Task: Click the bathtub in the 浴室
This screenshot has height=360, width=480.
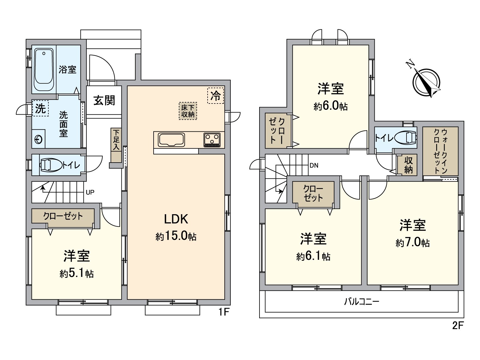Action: click(x=44, y=70)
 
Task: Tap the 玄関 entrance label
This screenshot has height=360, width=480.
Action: click(x=104, y=100)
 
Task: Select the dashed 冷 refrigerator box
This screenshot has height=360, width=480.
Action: click(x=216, y=95)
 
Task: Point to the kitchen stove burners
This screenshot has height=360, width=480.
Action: click(x=212, y=140)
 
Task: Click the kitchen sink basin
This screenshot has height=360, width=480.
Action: click(x=172, y=140)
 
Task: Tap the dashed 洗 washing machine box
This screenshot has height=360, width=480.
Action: click(x=40, y=108)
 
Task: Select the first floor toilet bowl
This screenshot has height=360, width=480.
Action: click(x=48, y=165)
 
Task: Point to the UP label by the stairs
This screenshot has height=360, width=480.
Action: click(x=90, y=192)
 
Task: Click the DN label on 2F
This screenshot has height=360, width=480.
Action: click(x=314, y=165)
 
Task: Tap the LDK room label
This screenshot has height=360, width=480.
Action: click(x=176, y=219)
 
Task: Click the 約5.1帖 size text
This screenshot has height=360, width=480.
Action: click(x=77, y=274)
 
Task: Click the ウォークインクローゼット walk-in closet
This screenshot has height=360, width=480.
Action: click(x=440, y=151)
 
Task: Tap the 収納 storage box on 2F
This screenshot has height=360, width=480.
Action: click(x=408, y=165)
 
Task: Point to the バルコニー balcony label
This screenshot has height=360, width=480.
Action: click(x=361, y=301)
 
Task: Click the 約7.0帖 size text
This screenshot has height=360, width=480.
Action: click(x=412, y=242)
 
